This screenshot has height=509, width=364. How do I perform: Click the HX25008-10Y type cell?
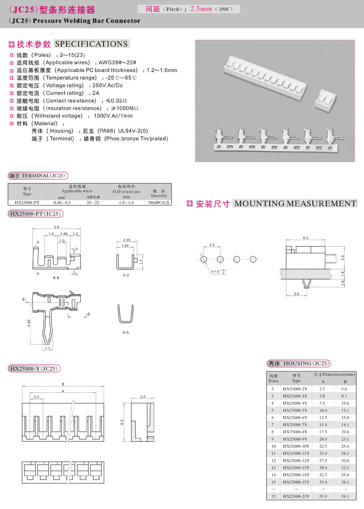pyautogui.click(x=296, y=446)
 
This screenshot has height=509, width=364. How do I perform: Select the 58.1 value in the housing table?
pyautogui.click(x=345, y=496)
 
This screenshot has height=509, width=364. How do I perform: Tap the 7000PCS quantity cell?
pyautogui.click(x=159, y=203)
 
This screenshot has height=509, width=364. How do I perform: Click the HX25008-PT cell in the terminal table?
pyautogui.click(x=27, y=203)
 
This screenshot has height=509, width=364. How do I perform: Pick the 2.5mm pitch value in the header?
pyautogui.click(x=201, y=9)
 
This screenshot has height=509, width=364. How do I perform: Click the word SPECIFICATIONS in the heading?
pyautogui.click(x=91, y=44)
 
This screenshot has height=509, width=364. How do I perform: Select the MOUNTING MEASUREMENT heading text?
pyautogui.click(x=295, y=204)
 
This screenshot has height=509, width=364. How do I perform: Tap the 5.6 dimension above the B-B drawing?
pyautogui.click(x=57, y=227)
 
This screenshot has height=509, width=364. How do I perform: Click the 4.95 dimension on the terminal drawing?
pyautogui.click(x=29, y=323)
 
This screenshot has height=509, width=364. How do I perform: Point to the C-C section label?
pyautogui.click(x=126, y=275)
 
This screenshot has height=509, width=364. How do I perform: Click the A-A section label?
pyautogui.click(x=126, y=332)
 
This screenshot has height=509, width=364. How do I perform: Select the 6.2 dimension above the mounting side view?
pyautogui.click(x=305, y=238)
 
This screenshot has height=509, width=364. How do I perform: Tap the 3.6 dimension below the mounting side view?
pyautogui.click(x=296, y=294)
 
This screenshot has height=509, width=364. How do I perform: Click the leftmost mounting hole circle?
pyautogui.click(x=204, y=259)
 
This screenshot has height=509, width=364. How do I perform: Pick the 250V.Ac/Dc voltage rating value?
pyautogui.click(x=108, y=85)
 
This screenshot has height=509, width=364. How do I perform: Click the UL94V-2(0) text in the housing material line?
pyautogui.click(x=133, y=131)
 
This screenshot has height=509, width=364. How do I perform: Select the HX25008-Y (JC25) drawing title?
pyautogui.click(x=34, y=368)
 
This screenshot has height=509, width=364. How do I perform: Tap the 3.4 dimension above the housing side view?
pyautogui.click(x=143, y=397)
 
